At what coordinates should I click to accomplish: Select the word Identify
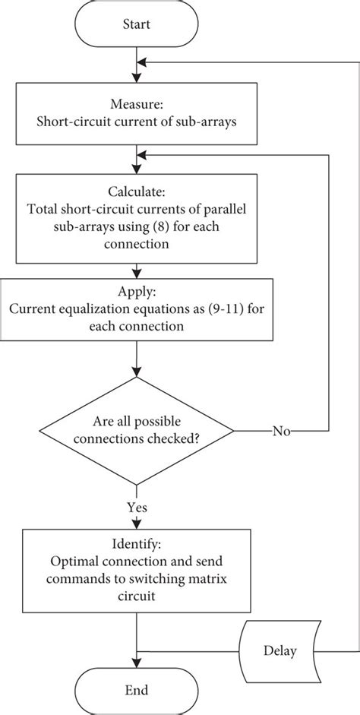[x=135, y=546]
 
